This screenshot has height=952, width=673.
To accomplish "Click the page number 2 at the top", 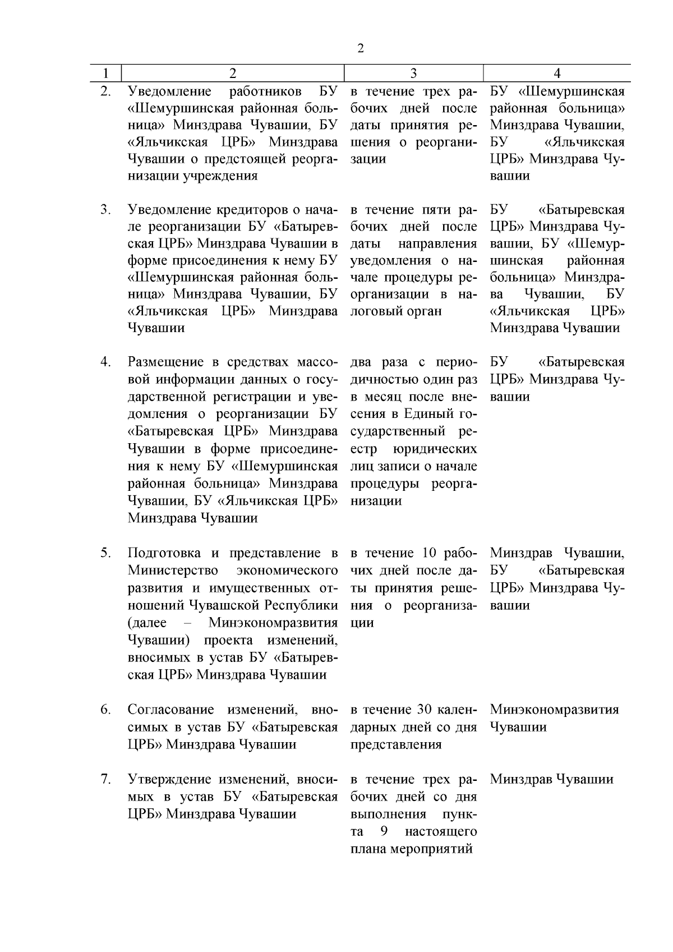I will tap(360, 48).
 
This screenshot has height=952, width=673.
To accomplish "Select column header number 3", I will tap(413, 73).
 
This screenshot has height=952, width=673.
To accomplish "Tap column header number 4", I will tap(557, 73).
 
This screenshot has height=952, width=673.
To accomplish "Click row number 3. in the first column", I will tap(105, 210).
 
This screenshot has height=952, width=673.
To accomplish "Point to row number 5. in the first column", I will tap(105, 553).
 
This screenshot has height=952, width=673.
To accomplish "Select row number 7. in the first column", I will tap(105, 779).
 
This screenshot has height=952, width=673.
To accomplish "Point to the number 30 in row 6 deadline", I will tap(424, 709).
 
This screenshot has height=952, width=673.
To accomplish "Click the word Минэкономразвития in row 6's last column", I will tap(554, 709).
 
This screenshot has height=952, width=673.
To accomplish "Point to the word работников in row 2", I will tap(266, 91).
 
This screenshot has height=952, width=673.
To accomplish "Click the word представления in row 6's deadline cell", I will tap(396, 744).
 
